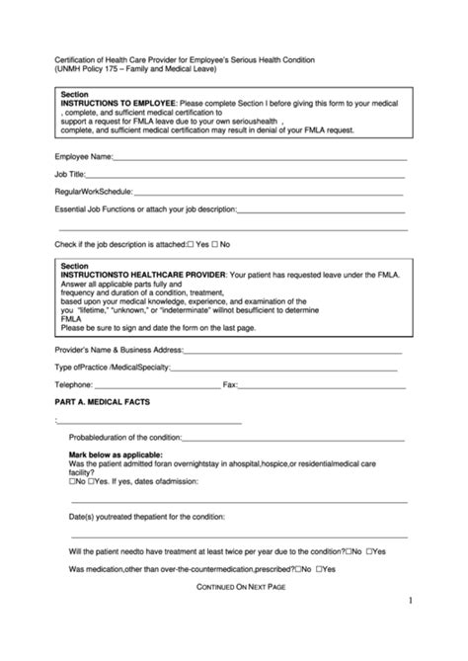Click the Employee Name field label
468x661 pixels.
84,156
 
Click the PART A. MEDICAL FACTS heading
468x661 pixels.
103,402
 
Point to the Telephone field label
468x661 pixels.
75,384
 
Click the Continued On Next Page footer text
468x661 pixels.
242,587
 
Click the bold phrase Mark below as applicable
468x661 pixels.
119,454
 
